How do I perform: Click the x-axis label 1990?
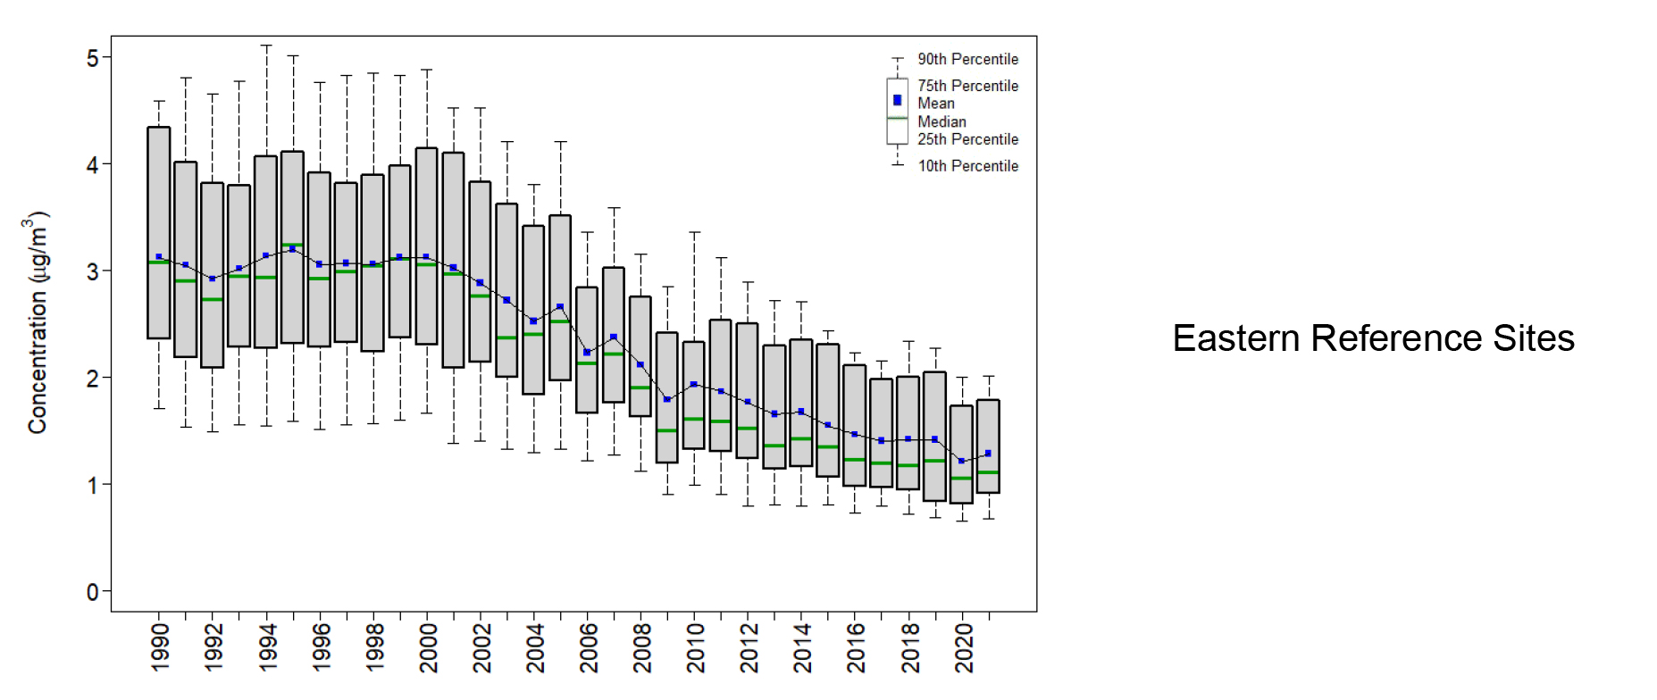pos(160,647)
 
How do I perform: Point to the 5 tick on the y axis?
pos(93,58)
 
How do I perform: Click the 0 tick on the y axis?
pos(93,592)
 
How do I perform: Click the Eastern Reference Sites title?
pos(1373,339)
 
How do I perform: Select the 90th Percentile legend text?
pos(967,59)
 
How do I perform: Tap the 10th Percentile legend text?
pos(967,166)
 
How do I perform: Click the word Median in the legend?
pos(941,121)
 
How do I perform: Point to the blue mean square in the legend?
pos(898,100)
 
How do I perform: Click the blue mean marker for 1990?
pos(159,257)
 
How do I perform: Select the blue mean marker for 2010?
pos(694,385)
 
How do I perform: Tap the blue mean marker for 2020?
pos(962,461)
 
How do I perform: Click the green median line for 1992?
pos(213,299)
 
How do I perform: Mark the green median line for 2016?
pos(855,460)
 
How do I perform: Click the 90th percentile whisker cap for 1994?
pos(266,46)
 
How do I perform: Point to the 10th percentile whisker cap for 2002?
pos(481,441)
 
